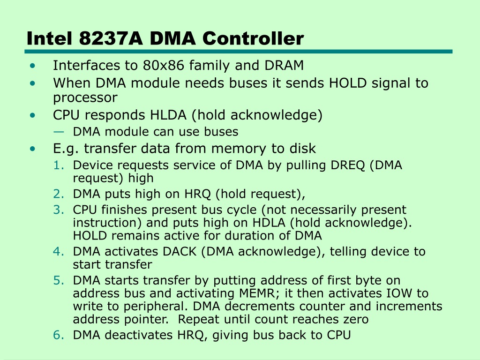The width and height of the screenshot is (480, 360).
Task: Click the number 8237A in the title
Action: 111,38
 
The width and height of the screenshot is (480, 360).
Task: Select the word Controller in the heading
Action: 253,38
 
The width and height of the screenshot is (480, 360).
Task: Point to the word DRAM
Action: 284,65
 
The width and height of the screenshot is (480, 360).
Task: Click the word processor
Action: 85,98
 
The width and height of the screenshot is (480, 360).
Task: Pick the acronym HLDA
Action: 168,115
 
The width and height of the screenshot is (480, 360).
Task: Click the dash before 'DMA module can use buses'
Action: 59,132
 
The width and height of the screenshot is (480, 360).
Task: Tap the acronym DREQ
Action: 347,165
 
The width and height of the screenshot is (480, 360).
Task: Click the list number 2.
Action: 59,194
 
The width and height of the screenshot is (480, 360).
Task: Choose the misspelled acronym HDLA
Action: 269,223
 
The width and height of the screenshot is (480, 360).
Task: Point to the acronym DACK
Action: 180,252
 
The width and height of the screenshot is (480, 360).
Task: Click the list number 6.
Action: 59,335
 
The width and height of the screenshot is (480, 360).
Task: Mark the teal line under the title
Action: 239,52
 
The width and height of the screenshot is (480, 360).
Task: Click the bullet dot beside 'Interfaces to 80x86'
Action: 32,66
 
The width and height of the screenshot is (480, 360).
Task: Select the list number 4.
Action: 59,252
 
